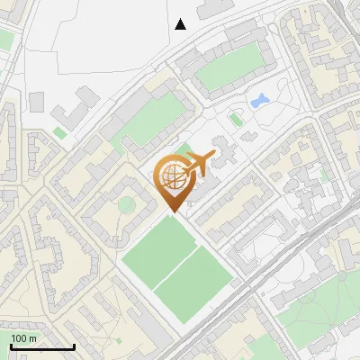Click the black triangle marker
pyautogui.click(x=181, y=24)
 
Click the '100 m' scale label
pyautogui.click(x=24, y=337)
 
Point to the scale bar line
pyautogui.click(x=41, y=346)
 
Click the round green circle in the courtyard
pyautogui.click(x=126, y=206)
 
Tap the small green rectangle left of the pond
pyautogui.click(x=237, y=118)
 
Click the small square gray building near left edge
pyautogui.click(x=36, y=101)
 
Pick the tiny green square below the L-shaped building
pyautogui.click(x=59, y=133)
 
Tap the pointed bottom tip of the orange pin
pyautogui.click(x=173, y=211)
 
